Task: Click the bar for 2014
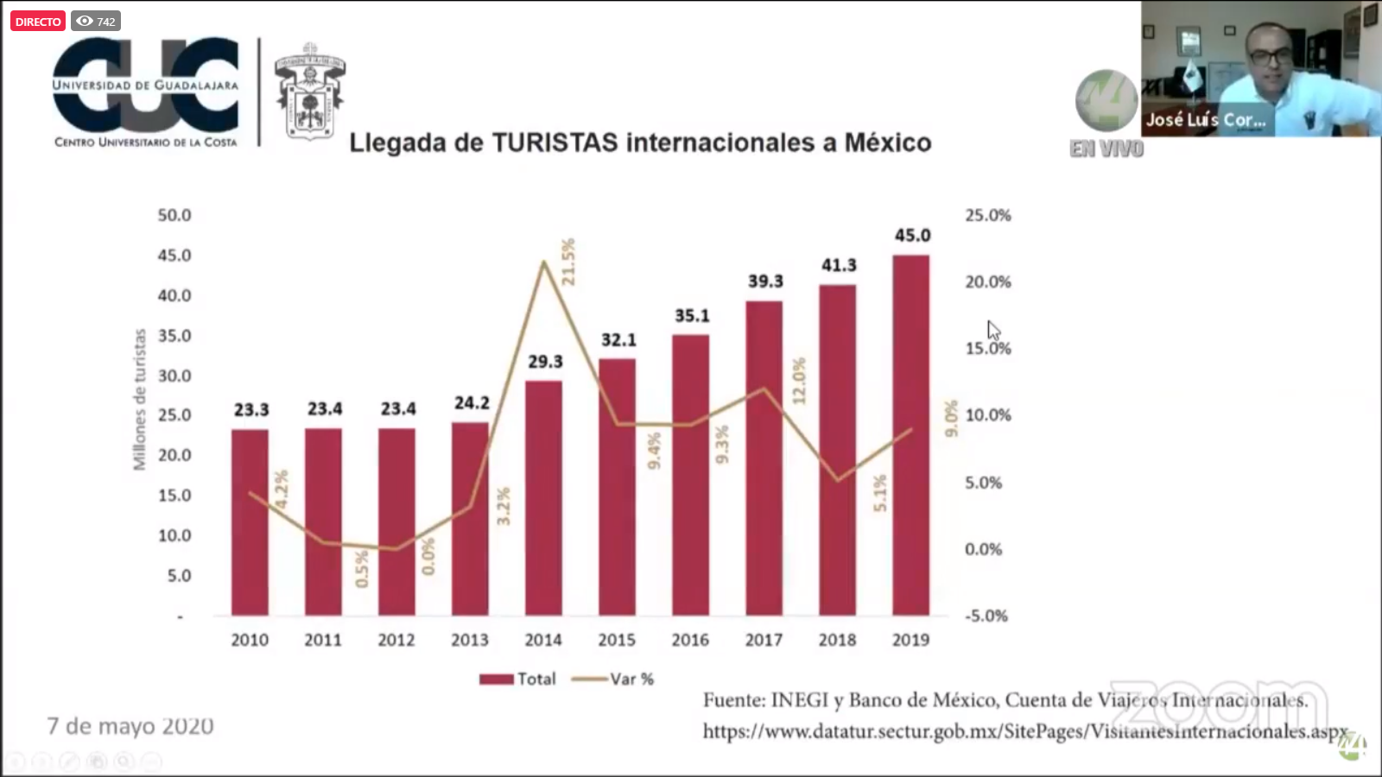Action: coord(543,497)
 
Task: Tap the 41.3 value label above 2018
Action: coord(839,265)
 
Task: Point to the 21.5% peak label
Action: coord(567,262)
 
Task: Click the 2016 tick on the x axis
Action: coord(690,640)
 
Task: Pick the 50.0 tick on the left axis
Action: coord(174,215)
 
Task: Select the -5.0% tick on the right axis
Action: coord(986,616)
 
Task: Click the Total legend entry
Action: coord(518,679)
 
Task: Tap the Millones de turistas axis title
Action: coord(139,400)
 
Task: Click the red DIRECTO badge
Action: coord(38,22)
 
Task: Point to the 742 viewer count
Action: coord(96,22)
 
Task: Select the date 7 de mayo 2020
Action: coord(130,726)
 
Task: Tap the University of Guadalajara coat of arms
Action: coord(309,92)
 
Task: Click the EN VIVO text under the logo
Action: coord(1106,149)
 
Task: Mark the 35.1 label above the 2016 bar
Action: coord(692,316)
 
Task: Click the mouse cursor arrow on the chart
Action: coord(993,330)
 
